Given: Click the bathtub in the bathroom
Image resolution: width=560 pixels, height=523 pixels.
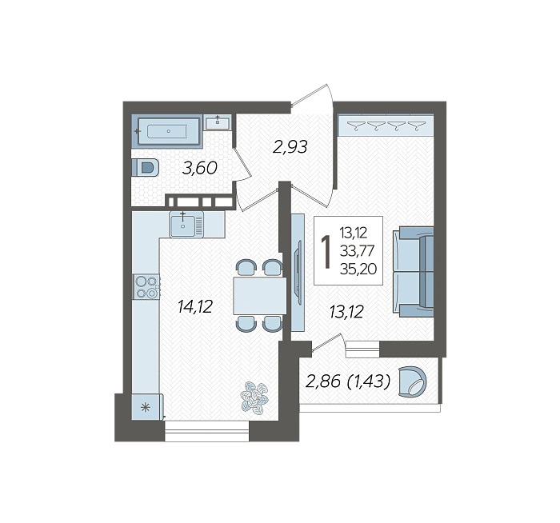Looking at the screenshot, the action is coord(167,131).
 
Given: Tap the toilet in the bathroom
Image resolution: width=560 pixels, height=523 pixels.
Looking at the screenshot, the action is coord(146,167).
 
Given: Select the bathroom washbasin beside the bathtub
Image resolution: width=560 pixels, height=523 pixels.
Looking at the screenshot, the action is coord(218,122).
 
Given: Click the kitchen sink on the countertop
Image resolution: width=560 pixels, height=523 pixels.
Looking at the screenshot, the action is coord(186,224).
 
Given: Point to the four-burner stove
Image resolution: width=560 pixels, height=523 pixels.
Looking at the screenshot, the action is coord(146,287).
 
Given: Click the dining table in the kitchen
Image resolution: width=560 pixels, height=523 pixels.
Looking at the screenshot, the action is coord(260,296).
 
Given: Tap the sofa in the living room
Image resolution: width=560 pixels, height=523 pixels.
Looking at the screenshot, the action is coord(414,271).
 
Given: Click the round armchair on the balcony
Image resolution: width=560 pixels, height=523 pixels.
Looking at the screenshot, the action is coord(413,381).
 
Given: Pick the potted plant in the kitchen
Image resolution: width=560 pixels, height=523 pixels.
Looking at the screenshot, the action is coord(254,398).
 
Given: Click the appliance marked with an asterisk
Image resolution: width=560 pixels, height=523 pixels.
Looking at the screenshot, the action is coord(147,406).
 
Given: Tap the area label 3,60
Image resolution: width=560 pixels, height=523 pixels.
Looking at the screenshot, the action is coord(200,168).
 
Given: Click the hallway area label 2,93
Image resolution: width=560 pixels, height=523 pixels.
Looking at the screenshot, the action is coord(290,146).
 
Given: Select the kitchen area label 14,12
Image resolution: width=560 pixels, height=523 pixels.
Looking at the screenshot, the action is coord(195,306).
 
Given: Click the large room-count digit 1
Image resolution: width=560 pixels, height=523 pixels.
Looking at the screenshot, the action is coord(326,251).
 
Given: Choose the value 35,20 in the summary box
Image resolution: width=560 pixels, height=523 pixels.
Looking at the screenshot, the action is coord(358,269).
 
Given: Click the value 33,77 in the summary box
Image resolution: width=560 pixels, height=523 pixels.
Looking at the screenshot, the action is coord(357,251).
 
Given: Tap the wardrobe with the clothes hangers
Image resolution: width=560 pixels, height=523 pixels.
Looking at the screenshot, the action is coord(386,125).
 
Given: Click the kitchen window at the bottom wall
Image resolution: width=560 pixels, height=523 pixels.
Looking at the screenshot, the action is coord(206,431).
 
